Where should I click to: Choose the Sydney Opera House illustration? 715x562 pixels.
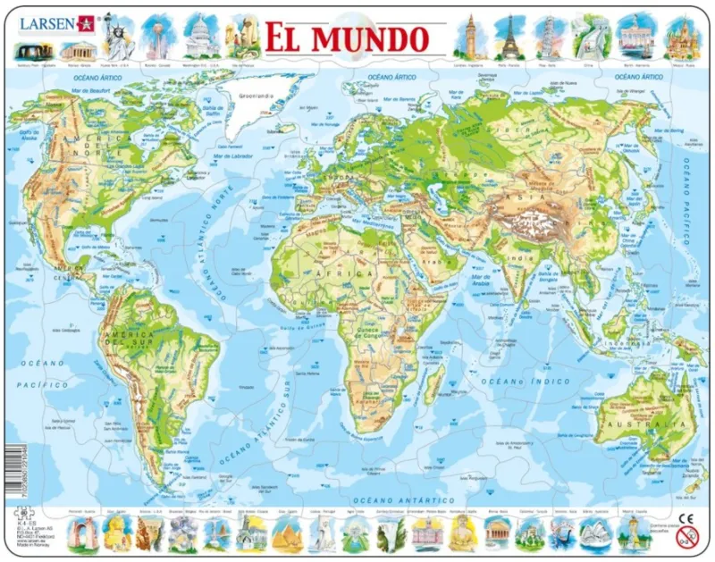click(594, 533)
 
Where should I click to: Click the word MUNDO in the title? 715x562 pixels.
click(374, 38)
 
